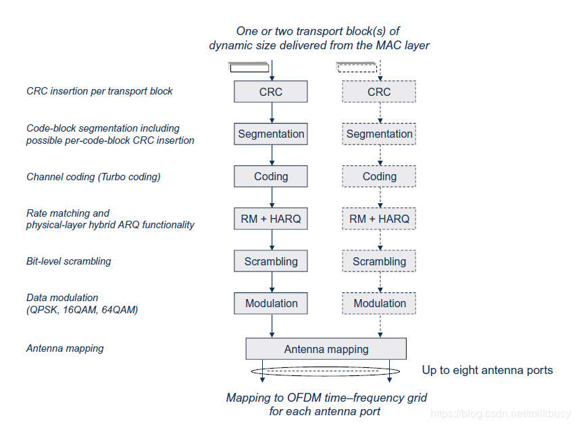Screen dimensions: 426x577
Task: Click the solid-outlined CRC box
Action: click(x=270, y=92)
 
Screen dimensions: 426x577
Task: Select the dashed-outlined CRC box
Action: click(x=379, y=92)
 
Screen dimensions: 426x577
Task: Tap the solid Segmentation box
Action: click(x=270, y=134)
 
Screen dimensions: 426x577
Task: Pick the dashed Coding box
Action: click(x=379, y=176)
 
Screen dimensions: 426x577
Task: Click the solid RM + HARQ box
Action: click(x=270, y=219)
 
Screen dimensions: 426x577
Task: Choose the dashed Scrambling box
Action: click(x=379, y=261)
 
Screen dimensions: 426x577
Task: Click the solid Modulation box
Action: click(x=270, y=303)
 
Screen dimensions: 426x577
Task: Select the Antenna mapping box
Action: click(x=326, y=349)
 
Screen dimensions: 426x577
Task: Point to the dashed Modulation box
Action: click(x=379, y=303)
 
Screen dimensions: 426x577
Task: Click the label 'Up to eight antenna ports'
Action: click(x=487, y=370)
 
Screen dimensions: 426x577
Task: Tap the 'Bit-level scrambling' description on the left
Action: click(x=68, y=261)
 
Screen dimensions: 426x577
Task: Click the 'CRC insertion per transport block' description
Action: click(x=99, y=91)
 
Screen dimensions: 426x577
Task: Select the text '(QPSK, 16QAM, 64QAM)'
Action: click(x=82, y=309)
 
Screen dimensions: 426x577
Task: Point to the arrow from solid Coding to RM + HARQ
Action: click(x=271, y=197)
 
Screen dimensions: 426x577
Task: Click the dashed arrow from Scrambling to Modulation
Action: click(x=380, y=282)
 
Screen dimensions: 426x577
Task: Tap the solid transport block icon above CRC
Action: click(x=249, y=68)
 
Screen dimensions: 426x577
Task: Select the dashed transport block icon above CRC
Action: click(x=357, y=68)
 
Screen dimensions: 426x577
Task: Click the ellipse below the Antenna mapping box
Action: click(x=325, y=371)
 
